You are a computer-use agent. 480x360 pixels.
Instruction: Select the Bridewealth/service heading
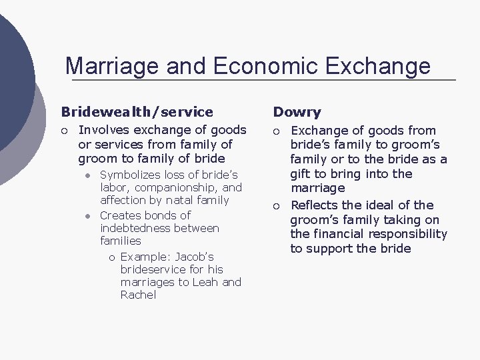click(137, 112)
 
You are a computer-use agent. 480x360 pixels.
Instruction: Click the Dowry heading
click(297, 112)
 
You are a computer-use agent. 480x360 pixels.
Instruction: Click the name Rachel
click(138, 295)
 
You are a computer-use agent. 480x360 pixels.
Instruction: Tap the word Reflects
click(315, 205)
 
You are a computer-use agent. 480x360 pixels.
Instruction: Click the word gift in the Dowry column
click(301, 174)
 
